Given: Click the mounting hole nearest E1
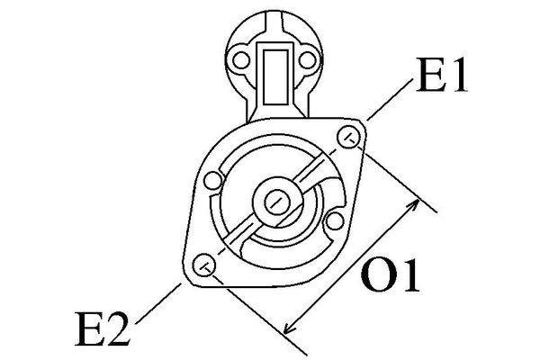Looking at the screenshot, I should pos(351,136).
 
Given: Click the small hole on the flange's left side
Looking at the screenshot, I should pos(214,181).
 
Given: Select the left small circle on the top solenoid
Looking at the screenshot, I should pos(241,62).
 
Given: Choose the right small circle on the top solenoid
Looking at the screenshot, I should pos(309,62).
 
